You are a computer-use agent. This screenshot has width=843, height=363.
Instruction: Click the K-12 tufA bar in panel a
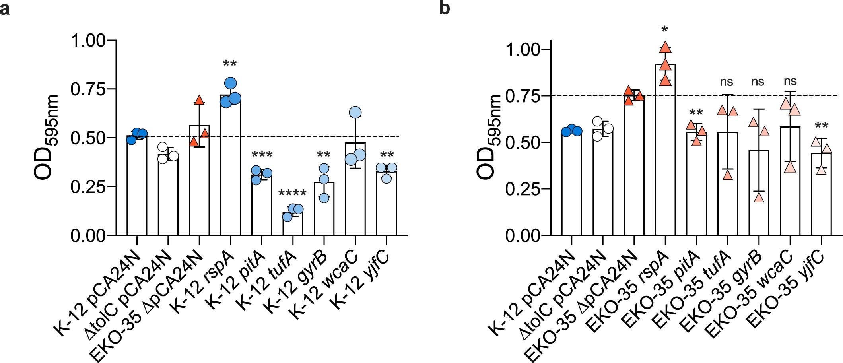click(293, 225)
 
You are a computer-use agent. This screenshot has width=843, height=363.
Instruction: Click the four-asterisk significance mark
click(292, 194)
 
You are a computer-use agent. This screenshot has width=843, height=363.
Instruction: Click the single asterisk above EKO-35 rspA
click(665, 30)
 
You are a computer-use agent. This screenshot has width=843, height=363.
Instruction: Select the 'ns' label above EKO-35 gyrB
click(758, 82)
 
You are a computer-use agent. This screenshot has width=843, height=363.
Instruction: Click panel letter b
click(444, 8)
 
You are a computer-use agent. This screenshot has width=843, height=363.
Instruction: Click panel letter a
click(5, 8)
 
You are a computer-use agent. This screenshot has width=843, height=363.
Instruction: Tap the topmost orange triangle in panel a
click(199, 100)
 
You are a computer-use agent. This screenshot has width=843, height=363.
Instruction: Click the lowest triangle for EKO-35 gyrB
click(759, 197)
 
